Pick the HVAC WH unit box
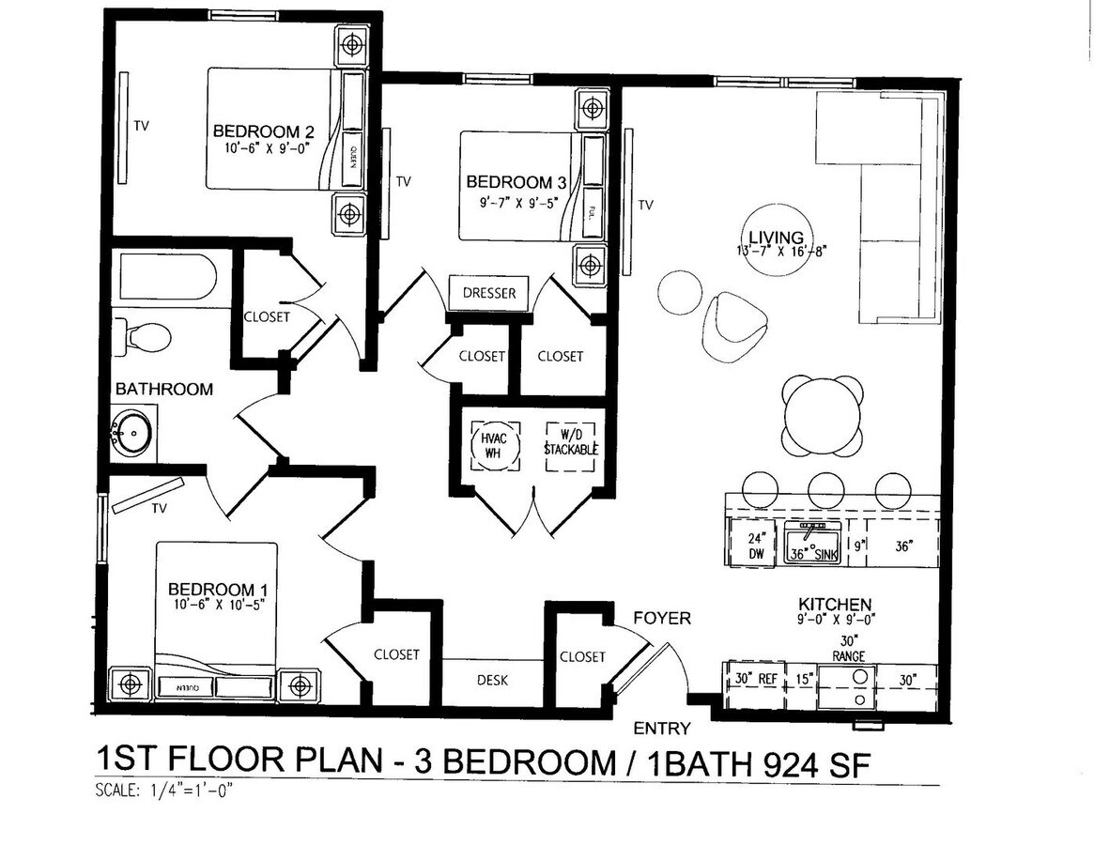click(494, 443)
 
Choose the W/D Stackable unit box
click(571, 443)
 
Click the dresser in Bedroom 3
click(489, 293)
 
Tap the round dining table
click(823, 415)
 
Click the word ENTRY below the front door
click(662, 729)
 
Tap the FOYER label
click(661, 618)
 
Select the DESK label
click(493, 680)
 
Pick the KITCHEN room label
click(835, 604)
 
